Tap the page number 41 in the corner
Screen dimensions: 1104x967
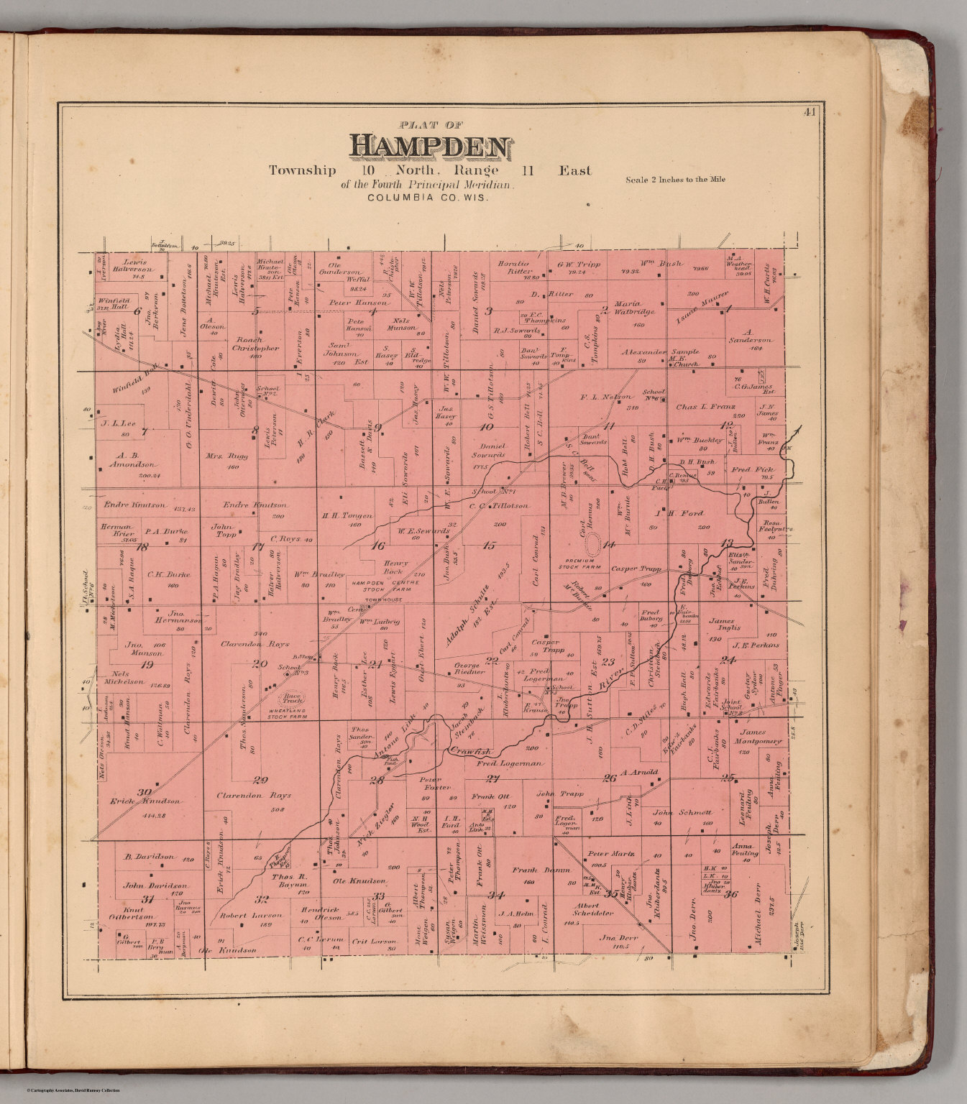point(810,111)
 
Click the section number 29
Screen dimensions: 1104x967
point(260,780)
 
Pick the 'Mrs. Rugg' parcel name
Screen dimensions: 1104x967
point(227,456)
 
